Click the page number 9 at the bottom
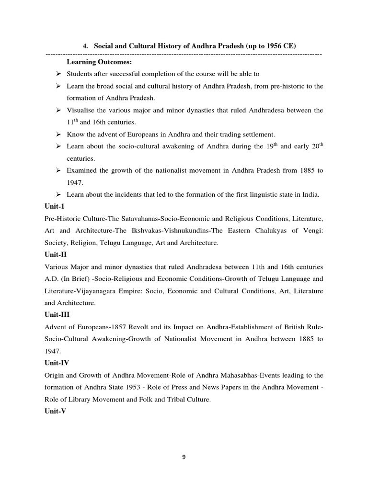184,457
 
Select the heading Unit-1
55,207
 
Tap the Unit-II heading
56,255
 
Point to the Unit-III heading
57,315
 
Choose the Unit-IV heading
57,363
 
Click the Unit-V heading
56,411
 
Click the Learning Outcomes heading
100,62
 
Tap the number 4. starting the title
86,46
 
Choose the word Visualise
82,110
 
